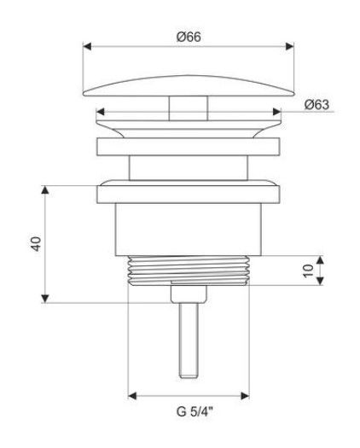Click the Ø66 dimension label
[189, 37]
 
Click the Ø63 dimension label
[316, 105]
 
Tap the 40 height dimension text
[37, 244]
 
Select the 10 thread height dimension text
[308, 271]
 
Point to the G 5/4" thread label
[195, 411]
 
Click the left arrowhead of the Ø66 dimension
[87, 46]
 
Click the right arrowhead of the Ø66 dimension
[290, 46]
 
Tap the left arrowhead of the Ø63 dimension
[100, 112]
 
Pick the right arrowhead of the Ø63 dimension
[277, 112]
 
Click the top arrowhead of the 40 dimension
[45, 189]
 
